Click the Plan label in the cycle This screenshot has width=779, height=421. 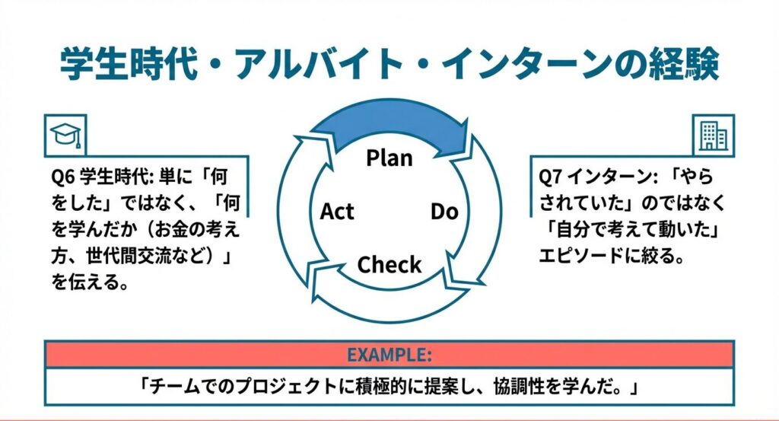[389, 158]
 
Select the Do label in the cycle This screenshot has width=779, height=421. [444, 211]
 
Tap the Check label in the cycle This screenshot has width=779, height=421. [389, 265]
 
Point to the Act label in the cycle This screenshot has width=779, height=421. [337, 211]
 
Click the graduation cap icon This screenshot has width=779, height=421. [65, 134]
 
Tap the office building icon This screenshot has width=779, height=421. [713, 135]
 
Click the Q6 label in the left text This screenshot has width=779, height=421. [62, 177]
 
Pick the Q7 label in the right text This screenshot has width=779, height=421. [549, 177]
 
